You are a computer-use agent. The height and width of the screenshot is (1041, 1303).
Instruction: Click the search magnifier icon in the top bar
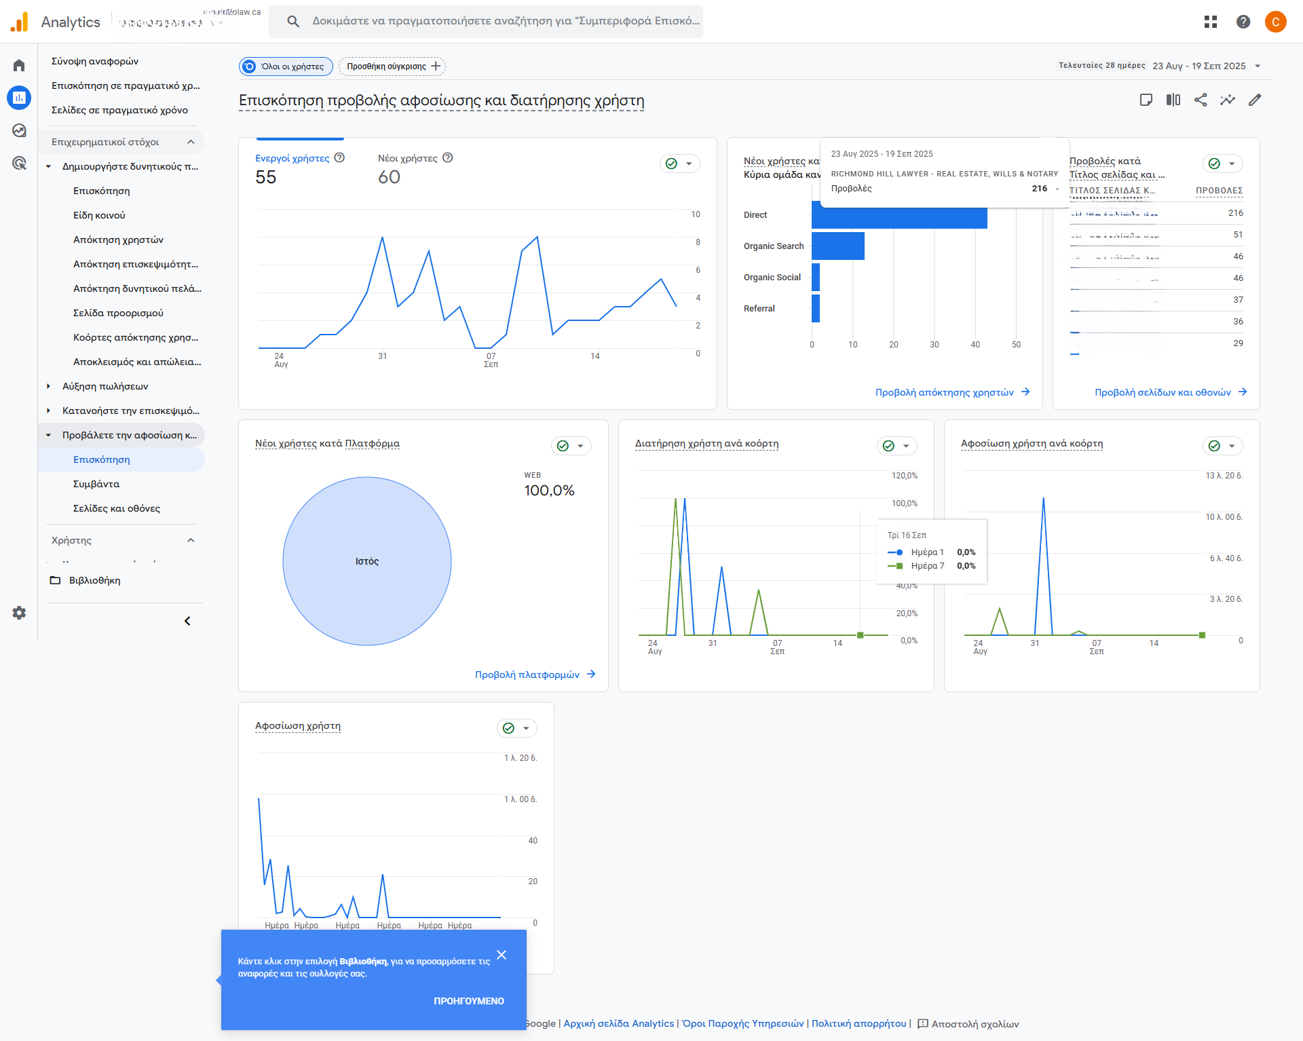pyautogui.click(x=293, y=21)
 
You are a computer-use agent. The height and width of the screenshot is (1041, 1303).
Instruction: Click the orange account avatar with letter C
pyautogui.click(x=1275, y=22)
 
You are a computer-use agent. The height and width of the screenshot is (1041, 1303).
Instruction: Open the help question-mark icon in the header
pyautogui.click(x=1243, y=22)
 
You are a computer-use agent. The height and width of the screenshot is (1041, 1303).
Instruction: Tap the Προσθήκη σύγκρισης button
pyautogui.click(x=393, y=66)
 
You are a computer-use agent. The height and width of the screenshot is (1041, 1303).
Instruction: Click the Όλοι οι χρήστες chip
pyautogui.click(x=286, y=66)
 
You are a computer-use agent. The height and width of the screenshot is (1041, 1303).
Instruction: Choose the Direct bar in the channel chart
pyautogui.click(x=899, y=216)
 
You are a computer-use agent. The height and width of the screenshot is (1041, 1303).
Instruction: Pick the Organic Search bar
pyautogui.click(x=837, y=246)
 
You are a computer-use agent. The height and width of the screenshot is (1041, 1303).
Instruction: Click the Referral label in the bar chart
pyautogui.click(x=759, y=308)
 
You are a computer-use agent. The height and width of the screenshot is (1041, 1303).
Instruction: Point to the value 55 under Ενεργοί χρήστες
pyautogui.click(x=266, y=177)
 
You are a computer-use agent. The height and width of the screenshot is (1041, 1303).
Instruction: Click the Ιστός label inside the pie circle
pyautogui.click(x=367, y=561)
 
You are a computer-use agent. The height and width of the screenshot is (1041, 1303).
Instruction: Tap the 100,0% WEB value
pyautogui.click(x=549, y=490)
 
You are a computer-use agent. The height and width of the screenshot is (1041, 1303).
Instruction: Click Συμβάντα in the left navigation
pyautogui.click(x=96, y=484)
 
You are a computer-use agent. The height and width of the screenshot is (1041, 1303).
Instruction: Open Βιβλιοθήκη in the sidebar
pyautogui.click(x=94, y=580)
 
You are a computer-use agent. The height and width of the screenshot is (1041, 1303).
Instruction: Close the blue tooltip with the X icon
pyautogui.click(x=502, y=955)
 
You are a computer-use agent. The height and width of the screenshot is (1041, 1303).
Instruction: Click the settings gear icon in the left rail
pyautogui.click(x=19, y=613)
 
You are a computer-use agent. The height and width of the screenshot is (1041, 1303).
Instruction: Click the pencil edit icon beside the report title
pyautogui.click(x=1255, y=100)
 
